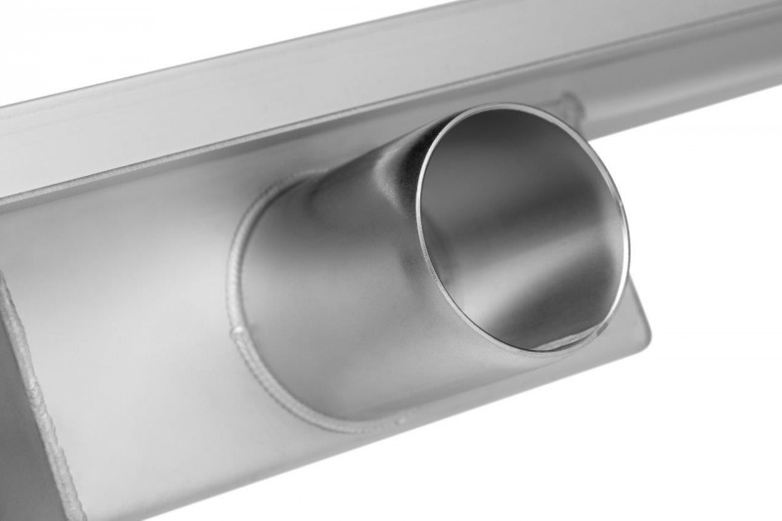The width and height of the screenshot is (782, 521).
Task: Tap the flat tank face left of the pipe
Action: point(127,274)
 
